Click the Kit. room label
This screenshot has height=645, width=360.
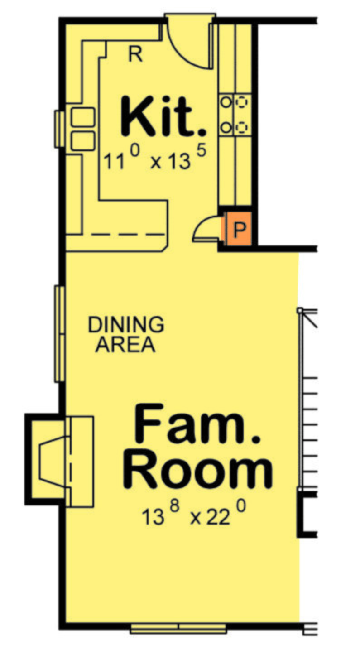pos(163,116)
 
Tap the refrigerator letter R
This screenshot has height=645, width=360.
pos(135,54)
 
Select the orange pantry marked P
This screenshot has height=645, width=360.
pos(239,229)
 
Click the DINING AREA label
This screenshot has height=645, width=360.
pos(126,334)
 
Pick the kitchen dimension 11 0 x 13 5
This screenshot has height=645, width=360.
pos(155,158)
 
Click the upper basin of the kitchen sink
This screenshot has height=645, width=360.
pos(83,117)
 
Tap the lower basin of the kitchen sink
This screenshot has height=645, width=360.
pos(83,141)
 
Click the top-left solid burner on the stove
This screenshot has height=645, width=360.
pos(226,102)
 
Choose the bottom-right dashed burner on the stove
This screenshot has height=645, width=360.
pos(242,127)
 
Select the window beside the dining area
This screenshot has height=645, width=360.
pos(60,334)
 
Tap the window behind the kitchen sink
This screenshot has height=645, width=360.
pos(60,129)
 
